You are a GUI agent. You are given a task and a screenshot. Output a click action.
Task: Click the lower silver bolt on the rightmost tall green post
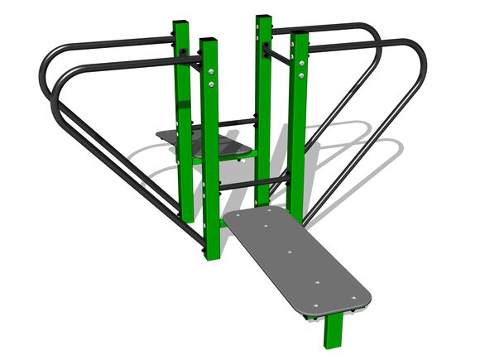300,83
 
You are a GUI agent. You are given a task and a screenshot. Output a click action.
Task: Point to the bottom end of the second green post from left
212,254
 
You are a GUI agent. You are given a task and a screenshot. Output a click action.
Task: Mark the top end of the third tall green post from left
264,19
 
